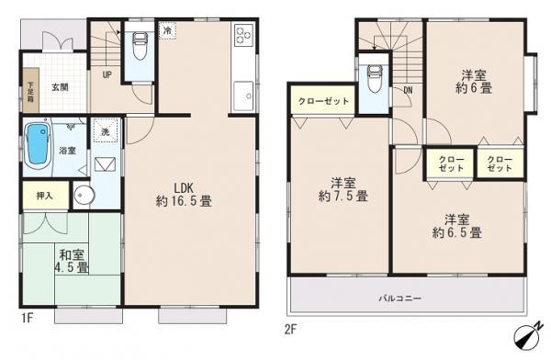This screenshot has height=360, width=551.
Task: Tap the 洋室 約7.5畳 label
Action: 343,188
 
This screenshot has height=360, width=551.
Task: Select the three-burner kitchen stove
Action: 245,37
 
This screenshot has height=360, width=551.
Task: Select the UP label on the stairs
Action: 107,74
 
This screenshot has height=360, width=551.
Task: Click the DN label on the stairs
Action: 407,90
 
